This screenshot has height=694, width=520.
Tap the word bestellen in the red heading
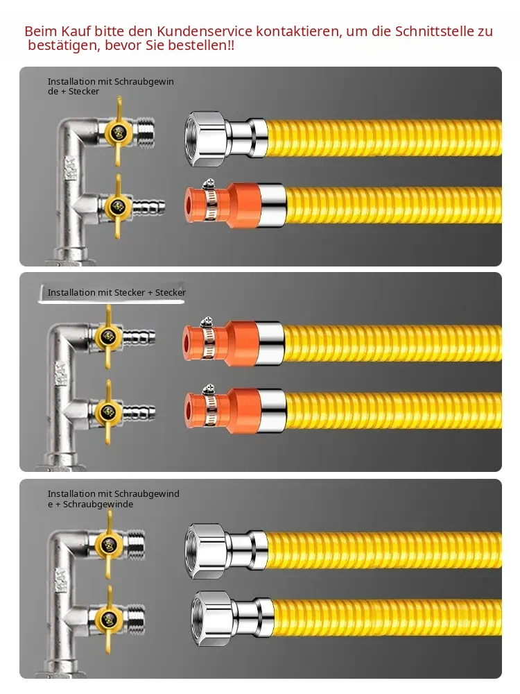click(197, 45)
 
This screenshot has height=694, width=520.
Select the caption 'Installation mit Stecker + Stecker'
click(116, 293)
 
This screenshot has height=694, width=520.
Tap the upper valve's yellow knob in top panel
click(118, 132)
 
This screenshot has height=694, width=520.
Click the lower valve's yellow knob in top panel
click(118, 206)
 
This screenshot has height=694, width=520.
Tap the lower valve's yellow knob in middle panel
click(108, 412)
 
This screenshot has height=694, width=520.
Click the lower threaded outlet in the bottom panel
click(135, 618)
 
